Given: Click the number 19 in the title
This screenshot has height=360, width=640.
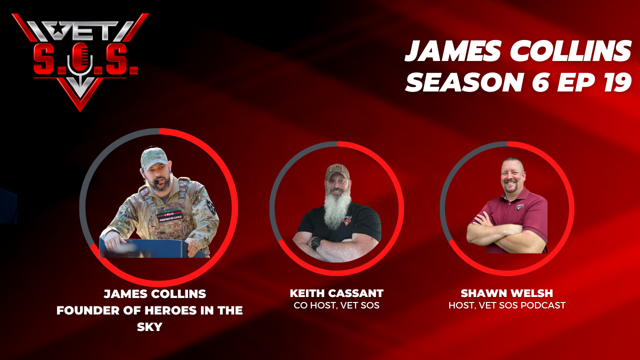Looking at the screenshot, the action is (615, 81).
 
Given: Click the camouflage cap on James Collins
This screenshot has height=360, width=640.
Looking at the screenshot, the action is (154, 158).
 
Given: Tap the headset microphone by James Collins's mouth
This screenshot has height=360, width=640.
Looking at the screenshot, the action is (155, 181).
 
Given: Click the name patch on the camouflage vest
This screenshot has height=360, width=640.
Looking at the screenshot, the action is (169, 215).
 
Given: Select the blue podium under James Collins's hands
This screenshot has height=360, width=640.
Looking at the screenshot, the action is (151, 248).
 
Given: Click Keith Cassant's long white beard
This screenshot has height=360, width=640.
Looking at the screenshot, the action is (337, 208).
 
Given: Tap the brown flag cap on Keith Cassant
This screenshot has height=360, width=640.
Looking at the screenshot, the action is (337, 171).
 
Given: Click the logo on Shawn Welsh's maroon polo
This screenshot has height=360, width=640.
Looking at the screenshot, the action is (520, 206).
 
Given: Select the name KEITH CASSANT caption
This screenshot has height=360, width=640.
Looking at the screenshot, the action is (336, 293).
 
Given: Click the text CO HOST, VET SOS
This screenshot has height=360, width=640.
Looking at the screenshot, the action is (336, 305).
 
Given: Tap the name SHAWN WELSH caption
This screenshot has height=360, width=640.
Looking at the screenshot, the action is (507, 293).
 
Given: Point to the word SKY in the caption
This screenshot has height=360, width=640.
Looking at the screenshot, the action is (149, 326).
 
